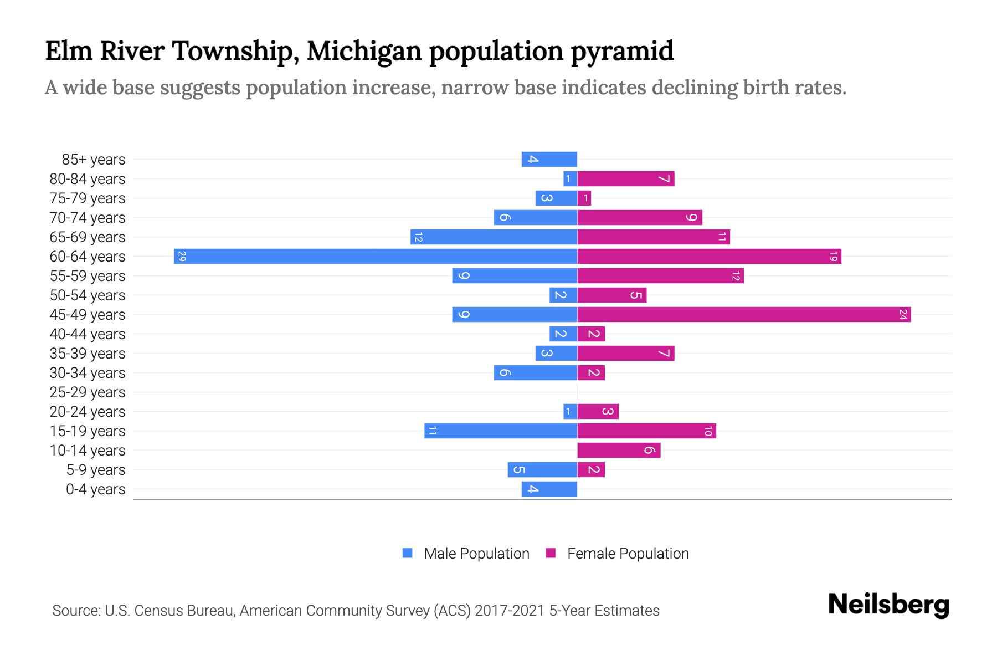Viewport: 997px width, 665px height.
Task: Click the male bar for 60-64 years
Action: (376, 257)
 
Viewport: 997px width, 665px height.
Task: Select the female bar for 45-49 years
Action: (743, 315)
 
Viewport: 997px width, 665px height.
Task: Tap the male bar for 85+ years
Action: (549, 160)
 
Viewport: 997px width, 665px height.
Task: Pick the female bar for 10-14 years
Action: (618, 451)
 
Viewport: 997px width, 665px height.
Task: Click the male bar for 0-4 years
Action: (549, 489)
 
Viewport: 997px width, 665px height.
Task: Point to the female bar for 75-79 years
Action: (584, 198)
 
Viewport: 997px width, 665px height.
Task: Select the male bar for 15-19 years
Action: (500, 431)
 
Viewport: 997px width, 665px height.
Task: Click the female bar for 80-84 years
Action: (625, 179)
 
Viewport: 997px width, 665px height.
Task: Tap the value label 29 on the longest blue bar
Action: (182, 257)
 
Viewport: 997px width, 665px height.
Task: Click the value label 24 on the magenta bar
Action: (903, 315)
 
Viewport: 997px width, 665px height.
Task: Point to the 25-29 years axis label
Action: (88, 392)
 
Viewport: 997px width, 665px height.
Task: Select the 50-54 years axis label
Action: (88, 295)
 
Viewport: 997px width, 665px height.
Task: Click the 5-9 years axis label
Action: (95, 470)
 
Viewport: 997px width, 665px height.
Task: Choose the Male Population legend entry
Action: (476, 554)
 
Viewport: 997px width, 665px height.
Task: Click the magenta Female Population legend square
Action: (551, 553)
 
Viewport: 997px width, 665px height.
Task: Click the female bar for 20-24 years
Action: (598, 412)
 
